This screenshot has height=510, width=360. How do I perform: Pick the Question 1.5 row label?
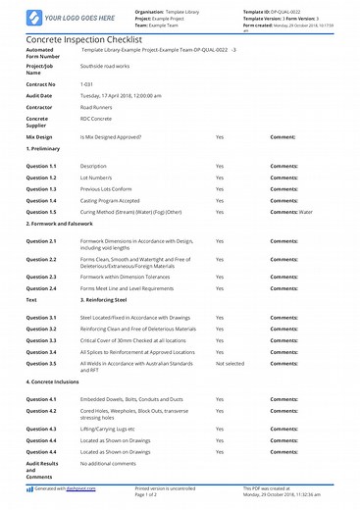click(41, 212)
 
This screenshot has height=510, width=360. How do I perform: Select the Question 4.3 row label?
click(41, 430)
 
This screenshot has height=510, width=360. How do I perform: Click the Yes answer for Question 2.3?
click(220, 278)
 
